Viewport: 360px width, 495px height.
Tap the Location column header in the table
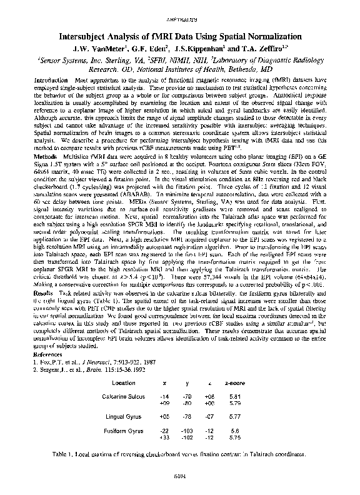click(x=122, y=383)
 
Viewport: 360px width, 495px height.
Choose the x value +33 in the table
click(x=164, y=438)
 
